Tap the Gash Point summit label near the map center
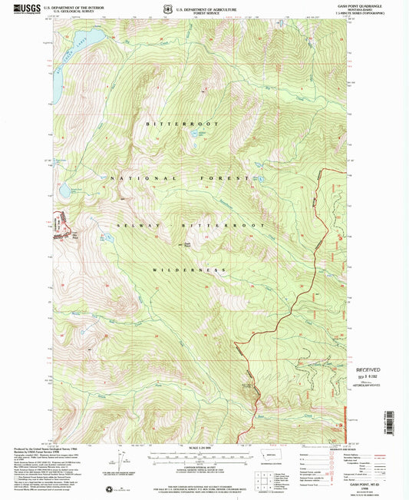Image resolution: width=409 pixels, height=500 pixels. point(186,244)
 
